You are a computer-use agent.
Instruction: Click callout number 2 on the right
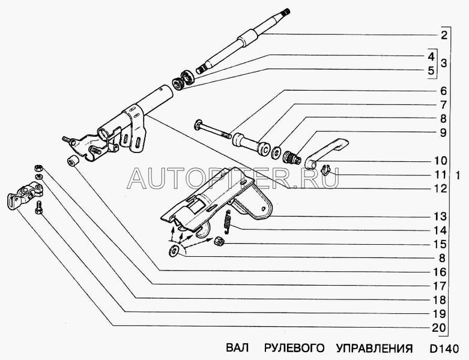tap(444, 35)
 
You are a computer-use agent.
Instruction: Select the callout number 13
tap(440, 217)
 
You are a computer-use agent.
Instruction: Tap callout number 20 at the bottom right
tap(440, 328)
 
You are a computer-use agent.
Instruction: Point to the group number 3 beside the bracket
tap(444, 64)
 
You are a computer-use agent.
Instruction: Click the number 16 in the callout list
tap(440, 272)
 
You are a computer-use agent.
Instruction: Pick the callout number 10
tap(440, 161)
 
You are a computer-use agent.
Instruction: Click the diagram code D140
tap(444, 349)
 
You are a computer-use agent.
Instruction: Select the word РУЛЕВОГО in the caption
tap(294, 348)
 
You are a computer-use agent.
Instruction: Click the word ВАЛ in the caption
tap(237, 348)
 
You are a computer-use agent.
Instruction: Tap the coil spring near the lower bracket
tap(228, 221)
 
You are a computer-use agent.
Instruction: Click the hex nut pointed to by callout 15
tap(219, 241)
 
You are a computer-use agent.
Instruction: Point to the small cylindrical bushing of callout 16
tap(73, 161)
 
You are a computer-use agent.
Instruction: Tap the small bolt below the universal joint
tap(39, 208)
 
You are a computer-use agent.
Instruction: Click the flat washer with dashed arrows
tap(174, 251)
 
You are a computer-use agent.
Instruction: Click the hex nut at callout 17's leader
tap(39, 167)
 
